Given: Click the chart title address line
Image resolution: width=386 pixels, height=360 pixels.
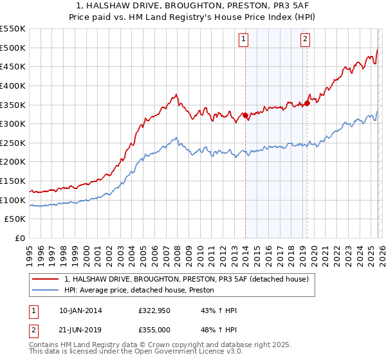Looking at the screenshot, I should (193, 6).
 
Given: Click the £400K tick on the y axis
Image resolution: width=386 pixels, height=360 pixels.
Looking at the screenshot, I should (13, 85).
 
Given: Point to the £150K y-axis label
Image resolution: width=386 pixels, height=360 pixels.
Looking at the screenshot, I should (13, 181).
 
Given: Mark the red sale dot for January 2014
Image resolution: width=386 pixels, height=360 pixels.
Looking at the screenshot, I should (245, 116).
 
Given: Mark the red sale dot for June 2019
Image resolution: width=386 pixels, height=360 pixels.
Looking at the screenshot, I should (307, 103).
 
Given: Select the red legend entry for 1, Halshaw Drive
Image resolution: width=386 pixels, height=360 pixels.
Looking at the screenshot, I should (187, 279).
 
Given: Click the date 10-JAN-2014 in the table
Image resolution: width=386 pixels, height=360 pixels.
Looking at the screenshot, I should (80, 310).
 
